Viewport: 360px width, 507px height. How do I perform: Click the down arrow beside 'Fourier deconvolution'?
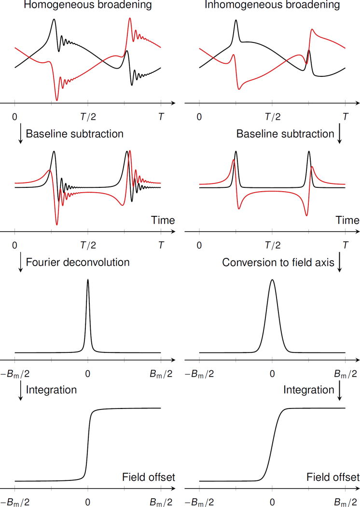[x=20, y=263]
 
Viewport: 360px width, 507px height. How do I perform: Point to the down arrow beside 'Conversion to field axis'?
[x=340, y=263]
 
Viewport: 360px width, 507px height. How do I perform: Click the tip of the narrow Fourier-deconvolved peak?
[x=87, y=280]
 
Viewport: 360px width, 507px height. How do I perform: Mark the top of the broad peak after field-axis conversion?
[x=272, y=280]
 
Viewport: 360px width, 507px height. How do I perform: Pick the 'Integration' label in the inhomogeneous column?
[x=309, y=389]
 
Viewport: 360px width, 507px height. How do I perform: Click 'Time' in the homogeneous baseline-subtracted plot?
[x=162, y=221]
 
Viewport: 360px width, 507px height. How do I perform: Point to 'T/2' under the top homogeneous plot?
[x=87, y=116]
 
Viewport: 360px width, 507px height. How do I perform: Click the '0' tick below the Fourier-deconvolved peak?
[x=87, y=373]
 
